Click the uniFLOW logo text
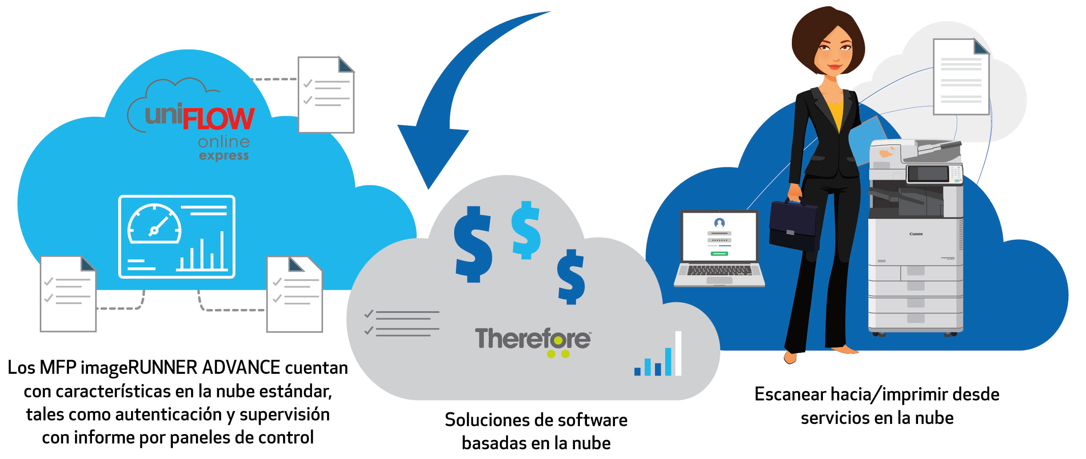[200, 117]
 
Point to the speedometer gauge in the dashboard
[154, 224]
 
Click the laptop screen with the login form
[719, 237]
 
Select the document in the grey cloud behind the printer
[961, 76]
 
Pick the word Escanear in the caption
[790, 394]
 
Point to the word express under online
[224, 156]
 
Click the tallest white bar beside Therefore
[678, 353]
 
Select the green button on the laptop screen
[719, 253]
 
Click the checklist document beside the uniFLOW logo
[326, 95]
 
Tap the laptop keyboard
[719, 270]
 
